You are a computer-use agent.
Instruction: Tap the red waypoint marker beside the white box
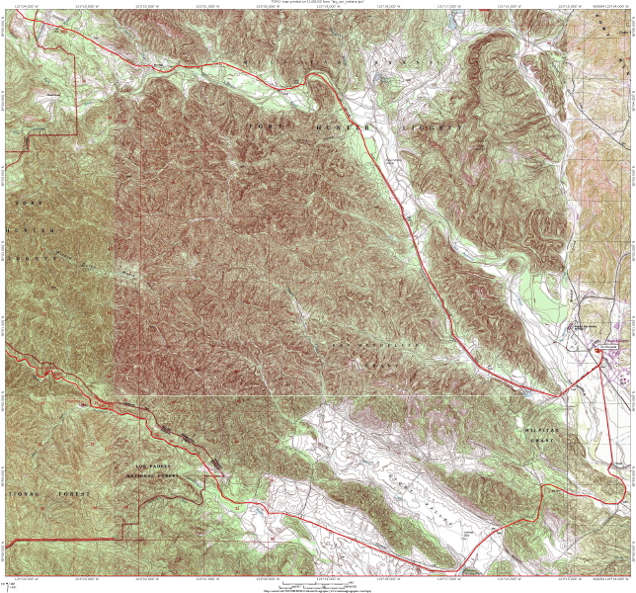pyautogui.click(x=598, y=347)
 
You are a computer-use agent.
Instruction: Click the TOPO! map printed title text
pyautogui.click(x=317, y=3)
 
